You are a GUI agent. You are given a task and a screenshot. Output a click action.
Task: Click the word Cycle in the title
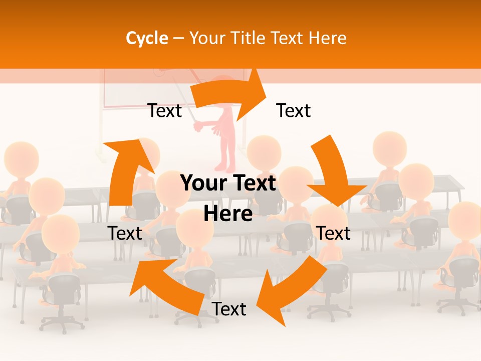(x=147, y=38)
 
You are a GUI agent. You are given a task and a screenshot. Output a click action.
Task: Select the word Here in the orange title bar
(x=328, y=38)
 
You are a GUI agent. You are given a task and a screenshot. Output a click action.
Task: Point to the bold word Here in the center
(x=228, y=214)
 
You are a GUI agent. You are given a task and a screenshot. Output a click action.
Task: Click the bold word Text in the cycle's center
(x=255, y=184)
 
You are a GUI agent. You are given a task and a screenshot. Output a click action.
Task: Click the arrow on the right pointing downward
(x=335, y=170)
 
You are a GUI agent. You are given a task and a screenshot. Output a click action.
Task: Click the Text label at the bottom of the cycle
(x=229, y=309)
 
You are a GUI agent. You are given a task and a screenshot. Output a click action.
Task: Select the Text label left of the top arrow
(x=164, y=110)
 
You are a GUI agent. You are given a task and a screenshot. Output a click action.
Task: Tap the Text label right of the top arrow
(x=294, y=110)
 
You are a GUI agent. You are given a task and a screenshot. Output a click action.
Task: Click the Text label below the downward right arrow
(x=334, y=233)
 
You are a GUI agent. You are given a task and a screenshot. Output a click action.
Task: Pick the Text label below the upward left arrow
(x=125, y=233)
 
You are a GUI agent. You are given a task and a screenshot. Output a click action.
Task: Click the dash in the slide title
(x=178, y=38)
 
